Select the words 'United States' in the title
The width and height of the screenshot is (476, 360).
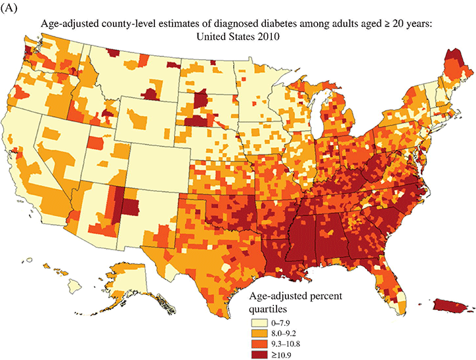pos(225,37)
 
